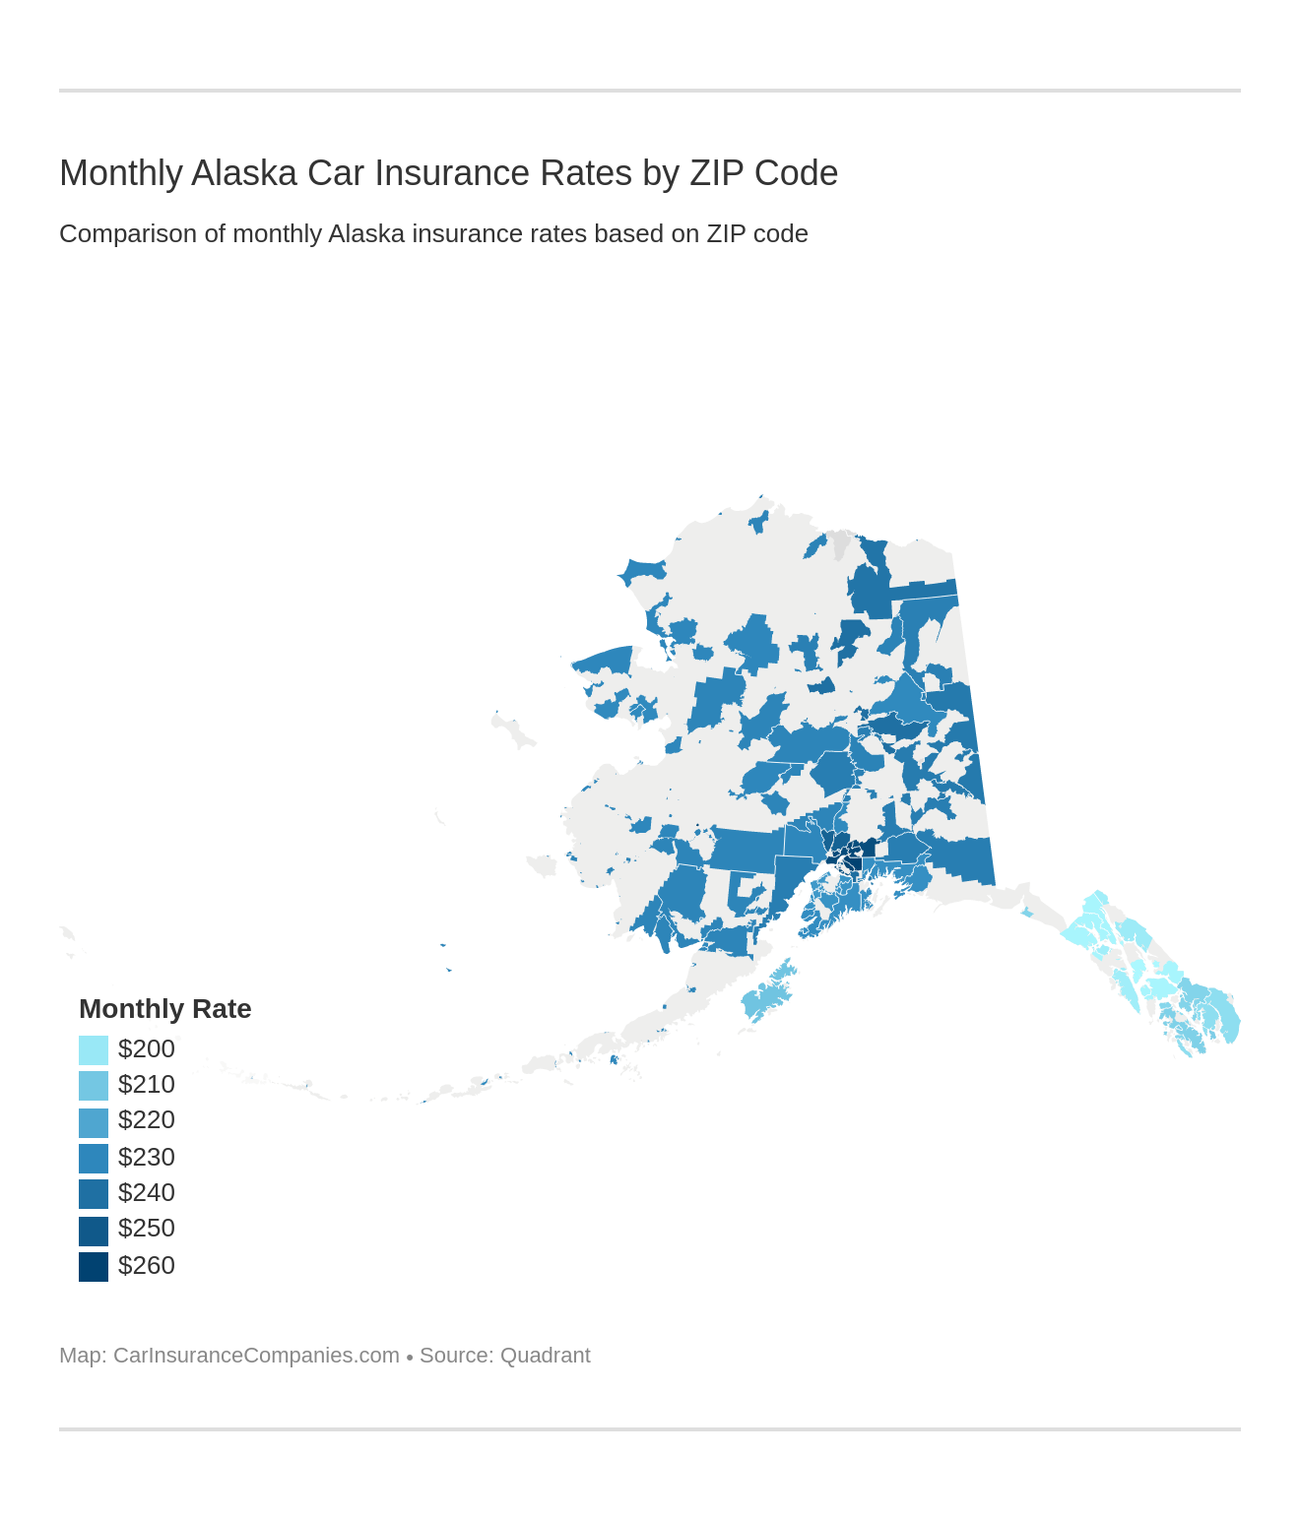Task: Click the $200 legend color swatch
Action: [94, 1049]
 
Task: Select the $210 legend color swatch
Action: [94, 1085]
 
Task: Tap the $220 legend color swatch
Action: [94, 1122]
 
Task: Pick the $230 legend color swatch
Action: [94, 1158]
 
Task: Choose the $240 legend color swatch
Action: [94, 1193]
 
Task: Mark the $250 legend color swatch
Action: [94, 1231]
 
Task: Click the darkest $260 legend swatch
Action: [94, 1266]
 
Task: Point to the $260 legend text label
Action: [147, 1265]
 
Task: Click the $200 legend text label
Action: [147, 1048]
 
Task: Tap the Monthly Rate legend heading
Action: [164, 1009]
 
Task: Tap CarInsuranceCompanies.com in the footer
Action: [256, 1356]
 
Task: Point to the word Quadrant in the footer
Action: [545, 1356]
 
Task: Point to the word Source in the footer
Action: [454, 1356]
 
